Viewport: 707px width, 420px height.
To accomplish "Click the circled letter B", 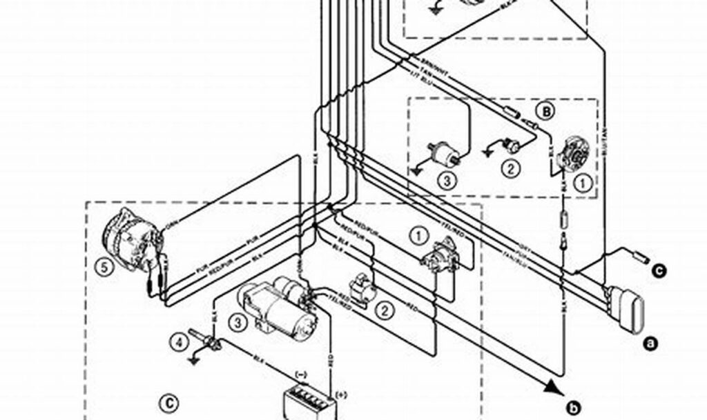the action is click(545, 110).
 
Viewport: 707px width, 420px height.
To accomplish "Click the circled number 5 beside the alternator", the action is click(104, 268).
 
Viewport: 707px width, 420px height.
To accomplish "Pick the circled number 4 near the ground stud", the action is click(178, 339).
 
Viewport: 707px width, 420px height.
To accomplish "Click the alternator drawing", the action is click(135, 238).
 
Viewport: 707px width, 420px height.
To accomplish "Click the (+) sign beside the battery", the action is click(341, 395).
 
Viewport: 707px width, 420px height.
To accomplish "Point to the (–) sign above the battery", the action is click(302, 374).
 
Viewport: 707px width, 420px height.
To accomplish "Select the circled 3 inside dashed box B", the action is click(446, 181).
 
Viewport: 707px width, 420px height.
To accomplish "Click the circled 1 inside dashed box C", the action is click(418, 235).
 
